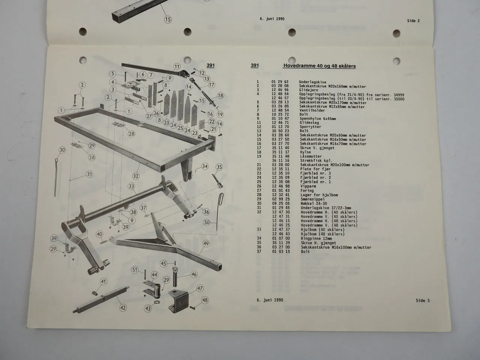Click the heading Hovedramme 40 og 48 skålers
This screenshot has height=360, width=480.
[319, 66]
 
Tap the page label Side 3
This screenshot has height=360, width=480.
[423, 300]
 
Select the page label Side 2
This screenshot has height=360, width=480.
[413, 21]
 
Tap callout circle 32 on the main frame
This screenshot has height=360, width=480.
[136, 176]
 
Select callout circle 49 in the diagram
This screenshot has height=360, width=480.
[206, 243]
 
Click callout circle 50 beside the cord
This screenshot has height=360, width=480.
[207, 222]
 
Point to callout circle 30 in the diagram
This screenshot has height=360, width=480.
[62, 150]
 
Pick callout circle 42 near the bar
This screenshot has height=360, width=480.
[123, 307]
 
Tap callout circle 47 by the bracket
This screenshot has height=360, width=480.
[200, 288]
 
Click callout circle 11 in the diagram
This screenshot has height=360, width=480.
[177, 67]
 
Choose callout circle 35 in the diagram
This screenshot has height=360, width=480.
[219, 167]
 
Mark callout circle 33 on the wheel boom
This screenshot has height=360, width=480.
[131, 186]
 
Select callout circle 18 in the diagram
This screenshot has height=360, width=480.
[220, 96]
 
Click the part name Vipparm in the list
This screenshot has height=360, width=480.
[308, 186]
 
